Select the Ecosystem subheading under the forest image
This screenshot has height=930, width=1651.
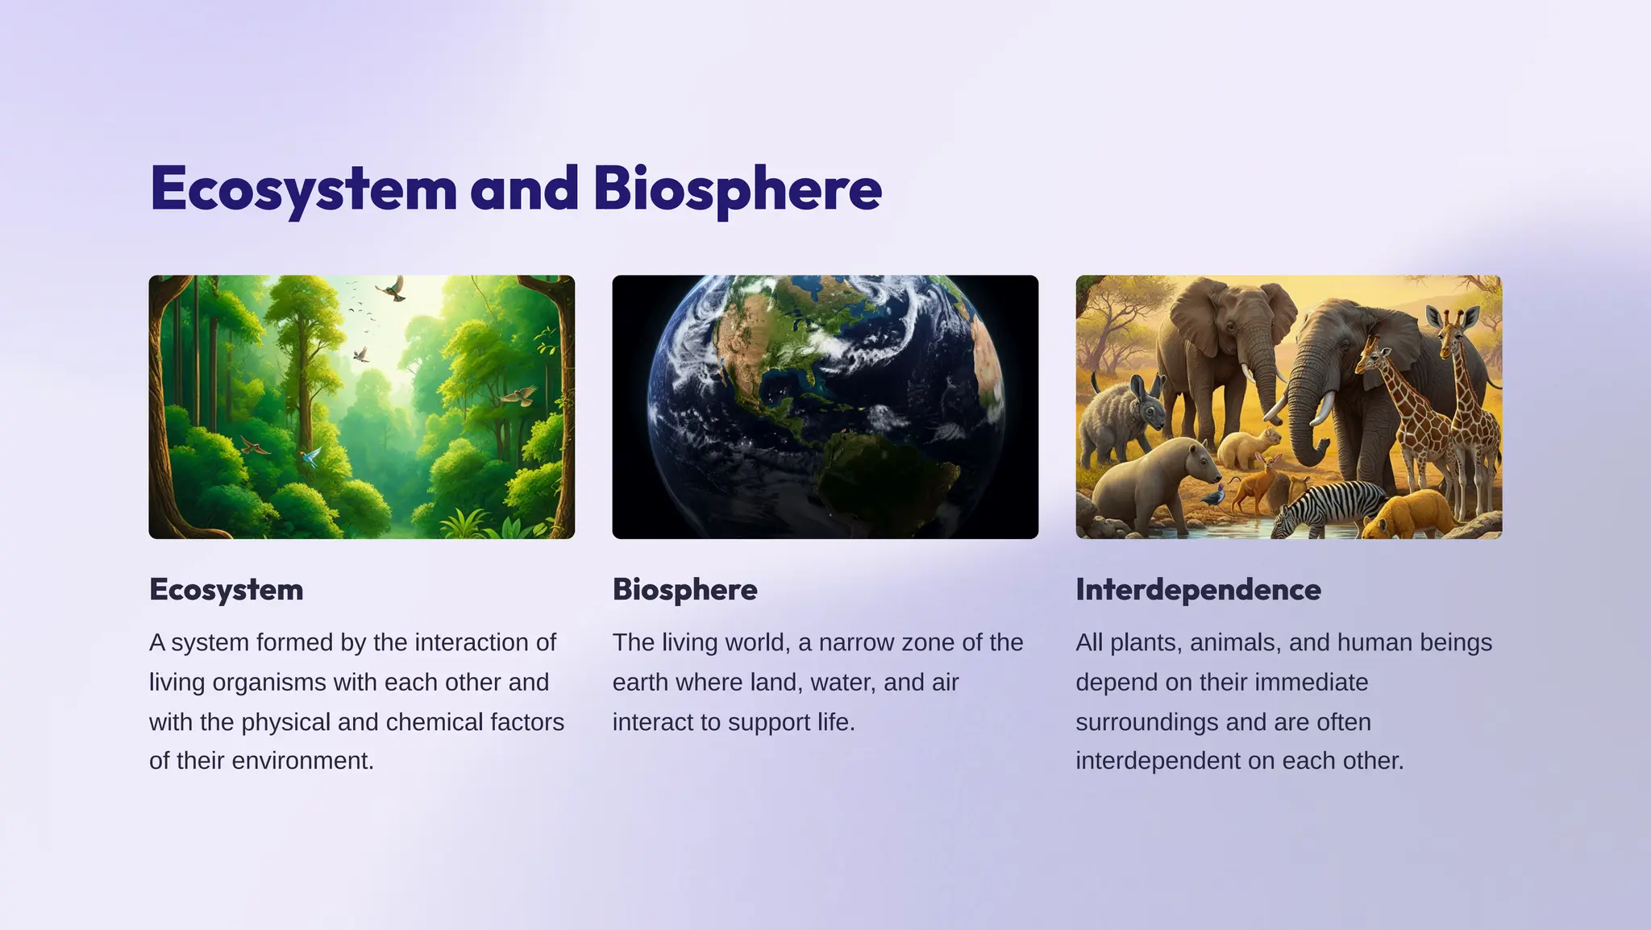[x=227, y=589]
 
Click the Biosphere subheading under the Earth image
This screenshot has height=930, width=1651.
[x=684, y=589]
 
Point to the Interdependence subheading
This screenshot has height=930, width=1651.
[x=1198, y=589]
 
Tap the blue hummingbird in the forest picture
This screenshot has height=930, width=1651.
[x=310, y=458]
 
